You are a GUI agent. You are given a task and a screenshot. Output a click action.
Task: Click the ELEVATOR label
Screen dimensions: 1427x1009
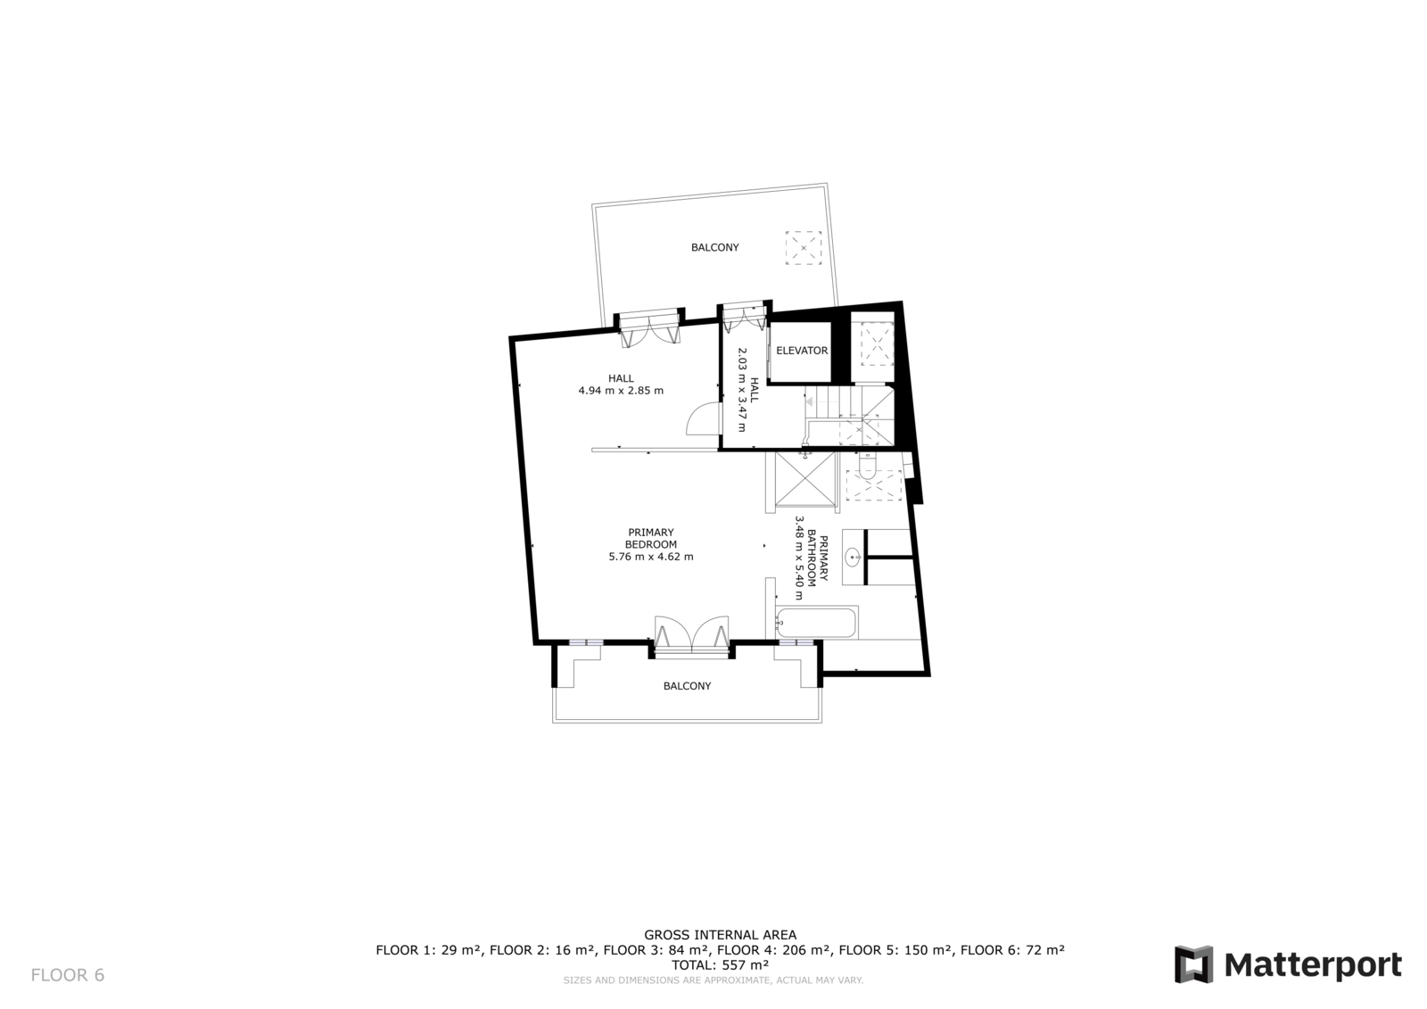click(x=802, y=351)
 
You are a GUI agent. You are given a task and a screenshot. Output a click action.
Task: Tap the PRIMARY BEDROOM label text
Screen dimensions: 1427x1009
click(x=650, y=538)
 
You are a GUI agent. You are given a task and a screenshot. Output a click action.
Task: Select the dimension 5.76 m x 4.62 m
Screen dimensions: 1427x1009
click(x=650, y=557)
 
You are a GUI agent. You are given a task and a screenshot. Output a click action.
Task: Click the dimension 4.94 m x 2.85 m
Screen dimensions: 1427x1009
click(x=621, y=391)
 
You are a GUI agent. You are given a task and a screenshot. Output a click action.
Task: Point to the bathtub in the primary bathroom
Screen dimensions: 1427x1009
click(x=816, y=623)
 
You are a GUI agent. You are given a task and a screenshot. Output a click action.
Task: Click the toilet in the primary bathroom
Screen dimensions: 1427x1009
click(x=868, y=466)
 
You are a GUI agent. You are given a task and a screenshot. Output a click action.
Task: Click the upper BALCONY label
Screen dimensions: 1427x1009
click(x=714, y=247)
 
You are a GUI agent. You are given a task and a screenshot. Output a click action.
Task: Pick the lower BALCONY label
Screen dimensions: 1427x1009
click(x=687, y=686)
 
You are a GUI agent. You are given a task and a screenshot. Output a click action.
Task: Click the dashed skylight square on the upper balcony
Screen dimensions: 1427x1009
click(x=804, y=247)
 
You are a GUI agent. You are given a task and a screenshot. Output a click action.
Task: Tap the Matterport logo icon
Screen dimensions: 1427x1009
click(x=1193, y=964)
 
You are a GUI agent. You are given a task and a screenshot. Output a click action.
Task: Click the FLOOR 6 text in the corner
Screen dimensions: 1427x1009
click(x=68, y=975)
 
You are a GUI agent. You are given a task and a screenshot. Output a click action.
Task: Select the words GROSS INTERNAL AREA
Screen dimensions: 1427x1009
click(x=720, y=935)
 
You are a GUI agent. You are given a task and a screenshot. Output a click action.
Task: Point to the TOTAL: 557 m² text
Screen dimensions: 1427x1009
click(x=720, y=965)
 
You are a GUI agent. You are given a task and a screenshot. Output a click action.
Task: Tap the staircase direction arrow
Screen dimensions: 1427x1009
click(x=810, y=402)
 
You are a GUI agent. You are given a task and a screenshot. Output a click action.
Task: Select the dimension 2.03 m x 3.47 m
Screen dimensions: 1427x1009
click(x=741, y=390)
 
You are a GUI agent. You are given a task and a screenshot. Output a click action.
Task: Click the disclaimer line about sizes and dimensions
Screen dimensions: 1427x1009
click(x=713, y=980)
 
